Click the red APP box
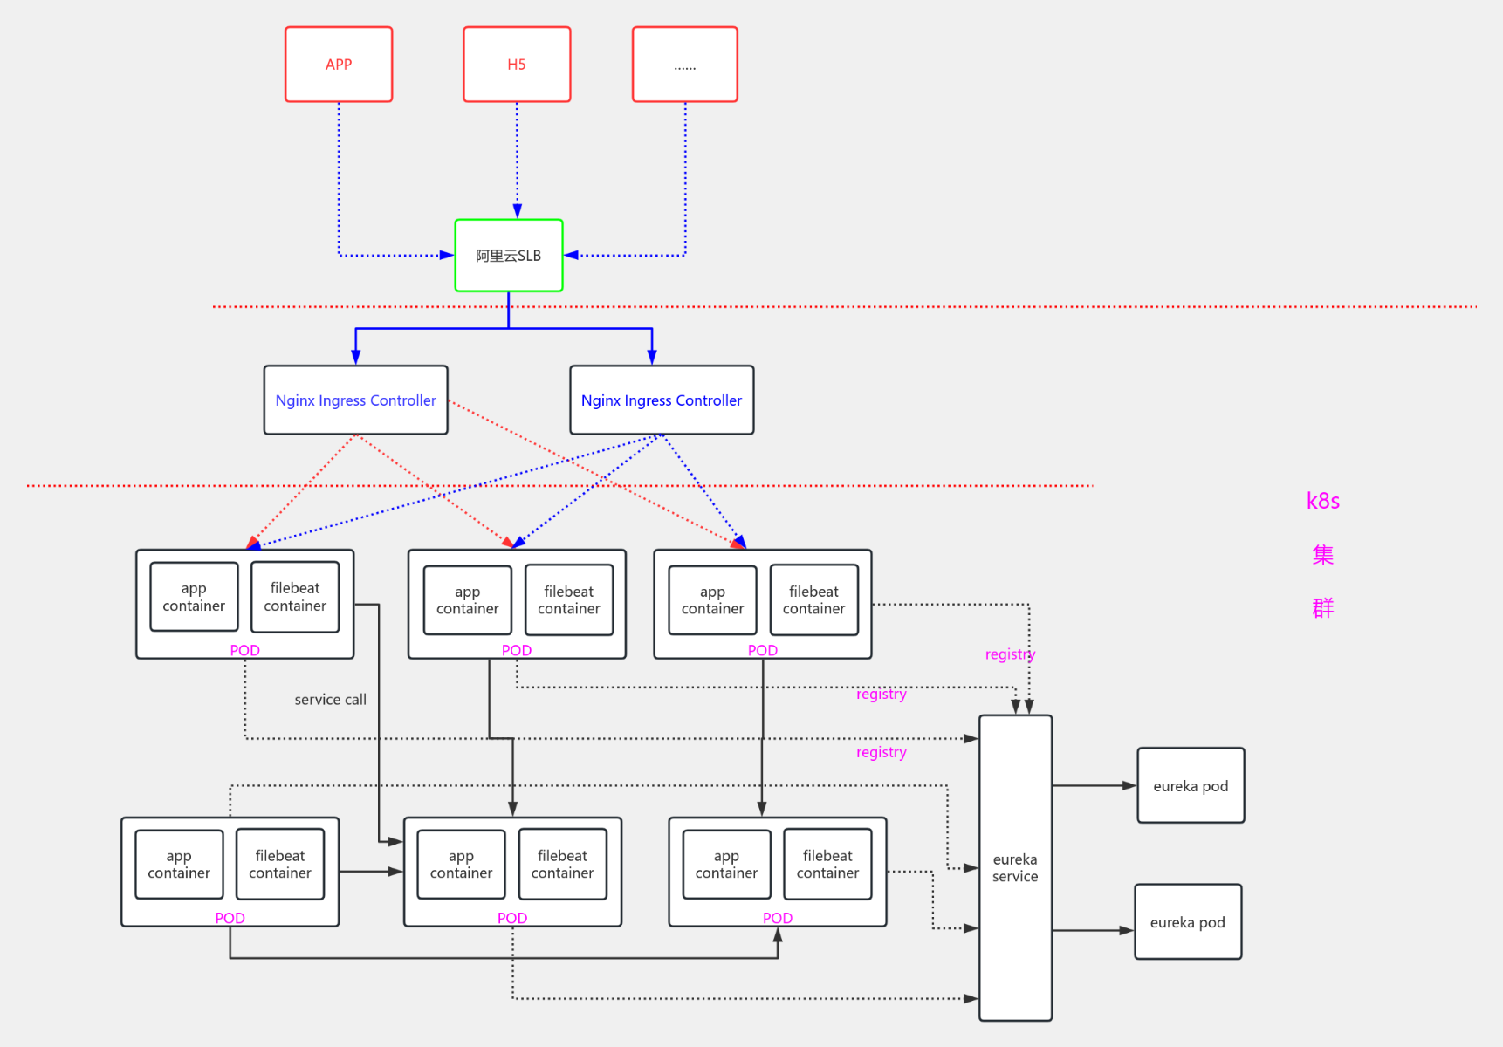pos(339,65)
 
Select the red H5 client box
pos(517,65)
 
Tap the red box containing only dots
pos(685,65)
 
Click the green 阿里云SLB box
pos(509,256)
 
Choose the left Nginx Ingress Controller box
pos(356,400)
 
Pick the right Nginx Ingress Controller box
pos(662,400)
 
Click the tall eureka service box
pos(1015,867)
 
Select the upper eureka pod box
pos(1191,785)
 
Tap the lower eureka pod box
pos(1188,922)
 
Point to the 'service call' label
pos(330,700)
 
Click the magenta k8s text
pos(1322,501)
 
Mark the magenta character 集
pos(1322,555)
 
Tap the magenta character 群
pos(1322,608)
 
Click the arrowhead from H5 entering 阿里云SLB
pos(518,211)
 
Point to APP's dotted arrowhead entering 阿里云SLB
pos(447,256)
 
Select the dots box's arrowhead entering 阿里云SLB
pos(572,256)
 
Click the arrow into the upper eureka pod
pos(1129,785)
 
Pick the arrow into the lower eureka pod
pos(1127,931)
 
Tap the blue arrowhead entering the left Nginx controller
pos(356,357)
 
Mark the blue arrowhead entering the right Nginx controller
pos(652,357)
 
